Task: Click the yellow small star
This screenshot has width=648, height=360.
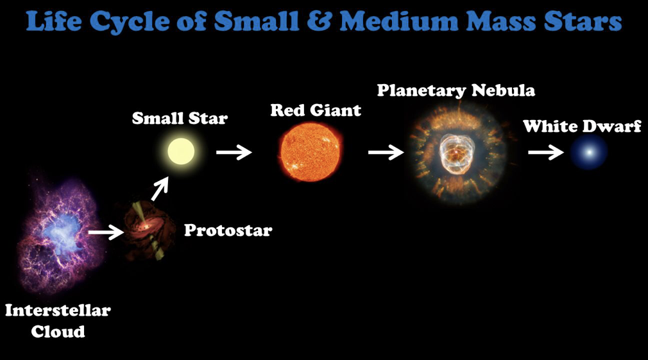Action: coord(181,151)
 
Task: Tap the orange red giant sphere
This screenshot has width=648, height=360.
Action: coord(311,151)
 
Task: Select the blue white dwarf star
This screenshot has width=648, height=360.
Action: coord(590,152)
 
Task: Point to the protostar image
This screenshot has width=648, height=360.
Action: coord(148,230)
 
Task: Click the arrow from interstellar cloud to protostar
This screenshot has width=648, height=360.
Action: coord(106,232)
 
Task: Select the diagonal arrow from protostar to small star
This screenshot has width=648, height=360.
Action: coord(160,189)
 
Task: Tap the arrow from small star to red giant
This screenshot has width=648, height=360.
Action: coord(234,152)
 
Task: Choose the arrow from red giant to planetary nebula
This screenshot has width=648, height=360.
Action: coord(386,152)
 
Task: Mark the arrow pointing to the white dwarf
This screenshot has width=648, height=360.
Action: coord(545,152)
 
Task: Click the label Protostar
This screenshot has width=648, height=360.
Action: coord(228,230)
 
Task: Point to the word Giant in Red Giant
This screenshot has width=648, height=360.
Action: coord(336,110)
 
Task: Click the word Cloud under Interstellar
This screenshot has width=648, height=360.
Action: coord(58,332)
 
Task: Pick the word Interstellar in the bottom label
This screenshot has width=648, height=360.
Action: coord(58,310)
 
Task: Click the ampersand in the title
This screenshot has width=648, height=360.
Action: coord(319,21)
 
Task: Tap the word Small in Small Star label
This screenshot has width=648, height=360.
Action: coord(158,118)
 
